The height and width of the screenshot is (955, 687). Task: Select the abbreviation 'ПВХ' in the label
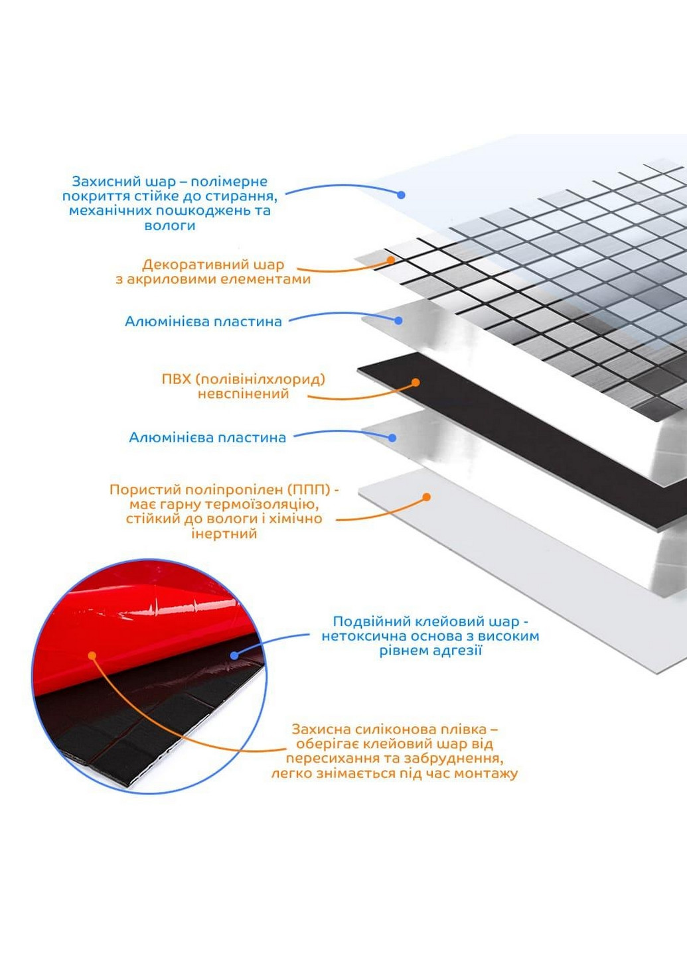pyautogui.click(x=176, y=379)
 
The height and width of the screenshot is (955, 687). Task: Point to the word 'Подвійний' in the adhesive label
pyautogui.click(x=370, y=621)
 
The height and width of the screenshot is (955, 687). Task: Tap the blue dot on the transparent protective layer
pyautogui.click(x=402, y=195)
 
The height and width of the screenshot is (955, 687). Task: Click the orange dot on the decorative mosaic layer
pyautogui.click(x=392, y=261)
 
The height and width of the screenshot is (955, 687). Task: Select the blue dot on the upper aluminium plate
pyautogui.click(x=398, y=320)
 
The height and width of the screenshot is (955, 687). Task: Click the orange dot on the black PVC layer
pyautogui.click(x=416, y=382)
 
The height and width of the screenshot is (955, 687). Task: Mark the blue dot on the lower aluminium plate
pyautogui.click(x=393, y=438)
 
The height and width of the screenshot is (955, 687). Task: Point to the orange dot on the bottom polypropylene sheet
pyautogui.click(x=427, y=496)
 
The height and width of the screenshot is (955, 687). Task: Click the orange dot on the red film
pyautogui.click(x=92, y=655)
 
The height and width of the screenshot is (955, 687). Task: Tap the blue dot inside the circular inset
pyautogui.click(x=234, y=655)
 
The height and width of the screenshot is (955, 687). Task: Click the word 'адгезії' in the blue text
pyautogui.click(x=459, y=651)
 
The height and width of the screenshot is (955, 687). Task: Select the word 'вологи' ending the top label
pyautogui.click(x=169, y=225)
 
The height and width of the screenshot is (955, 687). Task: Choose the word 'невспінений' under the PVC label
pyautogui.click(x=243, y=394)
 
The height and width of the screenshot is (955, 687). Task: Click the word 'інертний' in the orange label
pyautogui.click(x=224, y=534)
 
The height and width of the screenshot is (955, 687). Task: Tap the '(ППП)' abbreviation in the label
pyautogui.click(x=309, y=489)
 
